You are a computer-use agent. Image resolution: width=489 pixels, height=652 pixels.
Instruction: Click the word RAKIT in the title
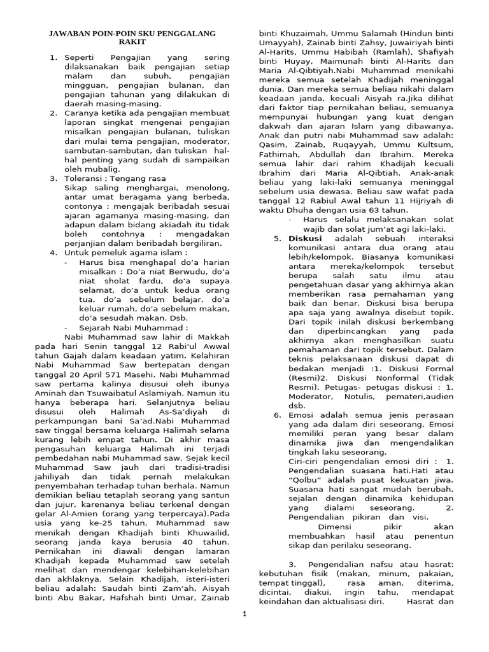(x=132, y=42)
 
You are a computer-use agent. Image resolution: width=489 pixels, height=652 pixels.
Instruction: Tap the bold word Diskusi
(x=306, y=239)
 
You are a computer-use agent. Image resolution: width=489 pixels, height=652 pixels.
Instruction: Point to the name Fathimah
(x=279, y=154)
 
